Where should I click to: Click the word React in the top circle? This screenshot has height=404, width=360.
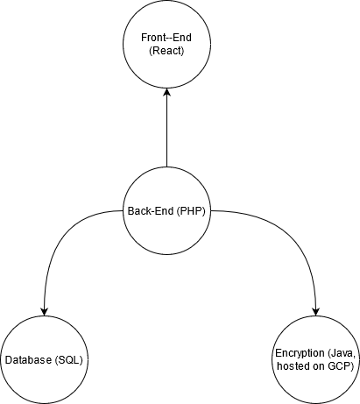166,51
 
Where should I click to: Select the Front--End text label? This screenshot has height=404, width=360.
166,38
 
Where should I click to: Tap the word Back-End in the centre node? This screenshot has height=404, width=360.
151,210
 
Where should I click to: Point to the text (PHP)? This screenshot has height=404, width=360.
191,211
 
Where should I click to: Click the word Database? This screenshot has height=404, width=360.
29,360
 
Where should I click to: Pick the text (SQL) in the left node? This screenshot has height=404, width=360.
69,360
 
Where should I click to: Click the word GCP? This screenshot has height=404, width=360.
341,366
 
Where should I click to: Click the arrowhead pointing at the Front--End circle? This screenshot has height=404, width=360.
166,92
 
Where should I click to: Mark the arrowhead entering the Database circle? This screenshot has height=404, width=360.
44,312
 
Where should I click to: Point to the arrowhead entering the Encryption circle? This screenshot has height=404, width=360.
316,312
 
